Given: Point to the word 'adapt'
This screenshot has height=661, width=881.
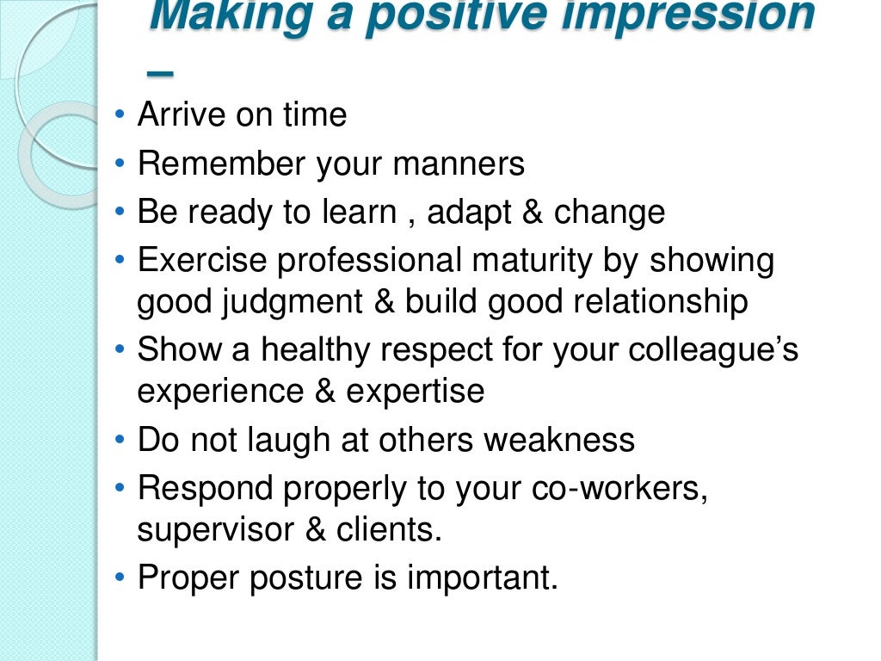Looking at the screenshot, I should tap(469, 213).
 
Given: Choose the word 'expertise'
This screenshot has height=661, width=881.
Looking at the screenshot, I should tap(416, 392).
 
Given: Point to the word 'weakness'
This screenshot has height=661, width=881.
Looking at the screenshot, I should tap(559, 441).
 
